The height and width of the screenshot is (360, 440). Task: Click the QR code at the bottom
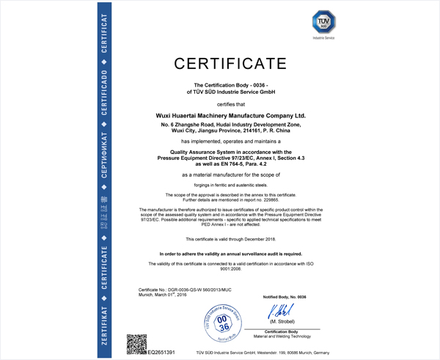tap(136, 344)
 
